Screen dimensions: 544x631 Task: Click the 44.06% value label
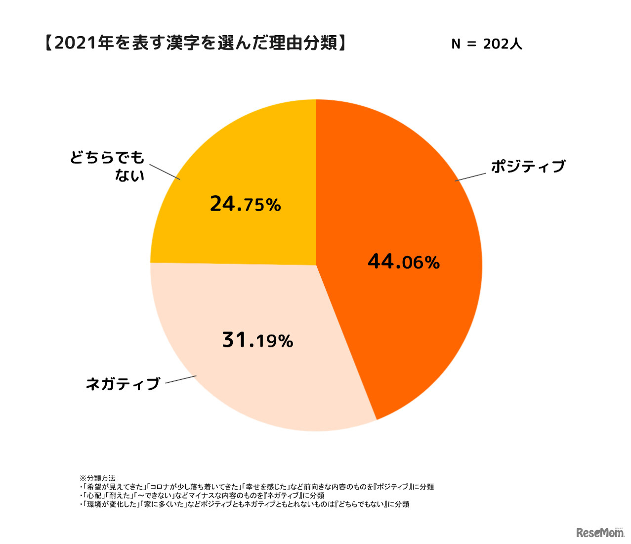(x=403, y=262)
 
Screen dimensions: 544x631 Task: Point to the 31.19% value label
(x=257, y=340)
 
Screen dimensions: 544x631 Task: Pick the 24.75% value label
(x=245, y=204)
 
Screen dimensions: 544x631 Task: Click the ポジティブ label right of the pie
(x=528, y=167)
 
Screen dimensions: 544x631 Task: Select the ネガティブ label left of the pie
(x=123, y=384)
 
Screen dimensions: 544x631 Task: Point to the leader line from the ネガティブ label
(x=181, y=379)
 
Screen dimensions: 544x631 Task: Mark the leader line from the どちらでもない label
(x=165, y=172)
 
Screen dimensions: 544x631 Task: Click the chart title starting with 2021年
(x=195, y=44)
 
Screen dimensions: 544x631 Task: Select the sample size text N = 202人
(x=487, y=44)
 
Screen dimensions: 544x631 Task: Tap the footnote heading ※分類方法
(x=98, y=478)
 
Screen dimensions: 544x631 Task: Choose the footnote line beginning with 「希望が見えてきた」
(x=256, y=487)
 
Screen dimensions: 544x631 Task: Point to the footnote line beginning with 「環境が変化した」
(x=244, y=504)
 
